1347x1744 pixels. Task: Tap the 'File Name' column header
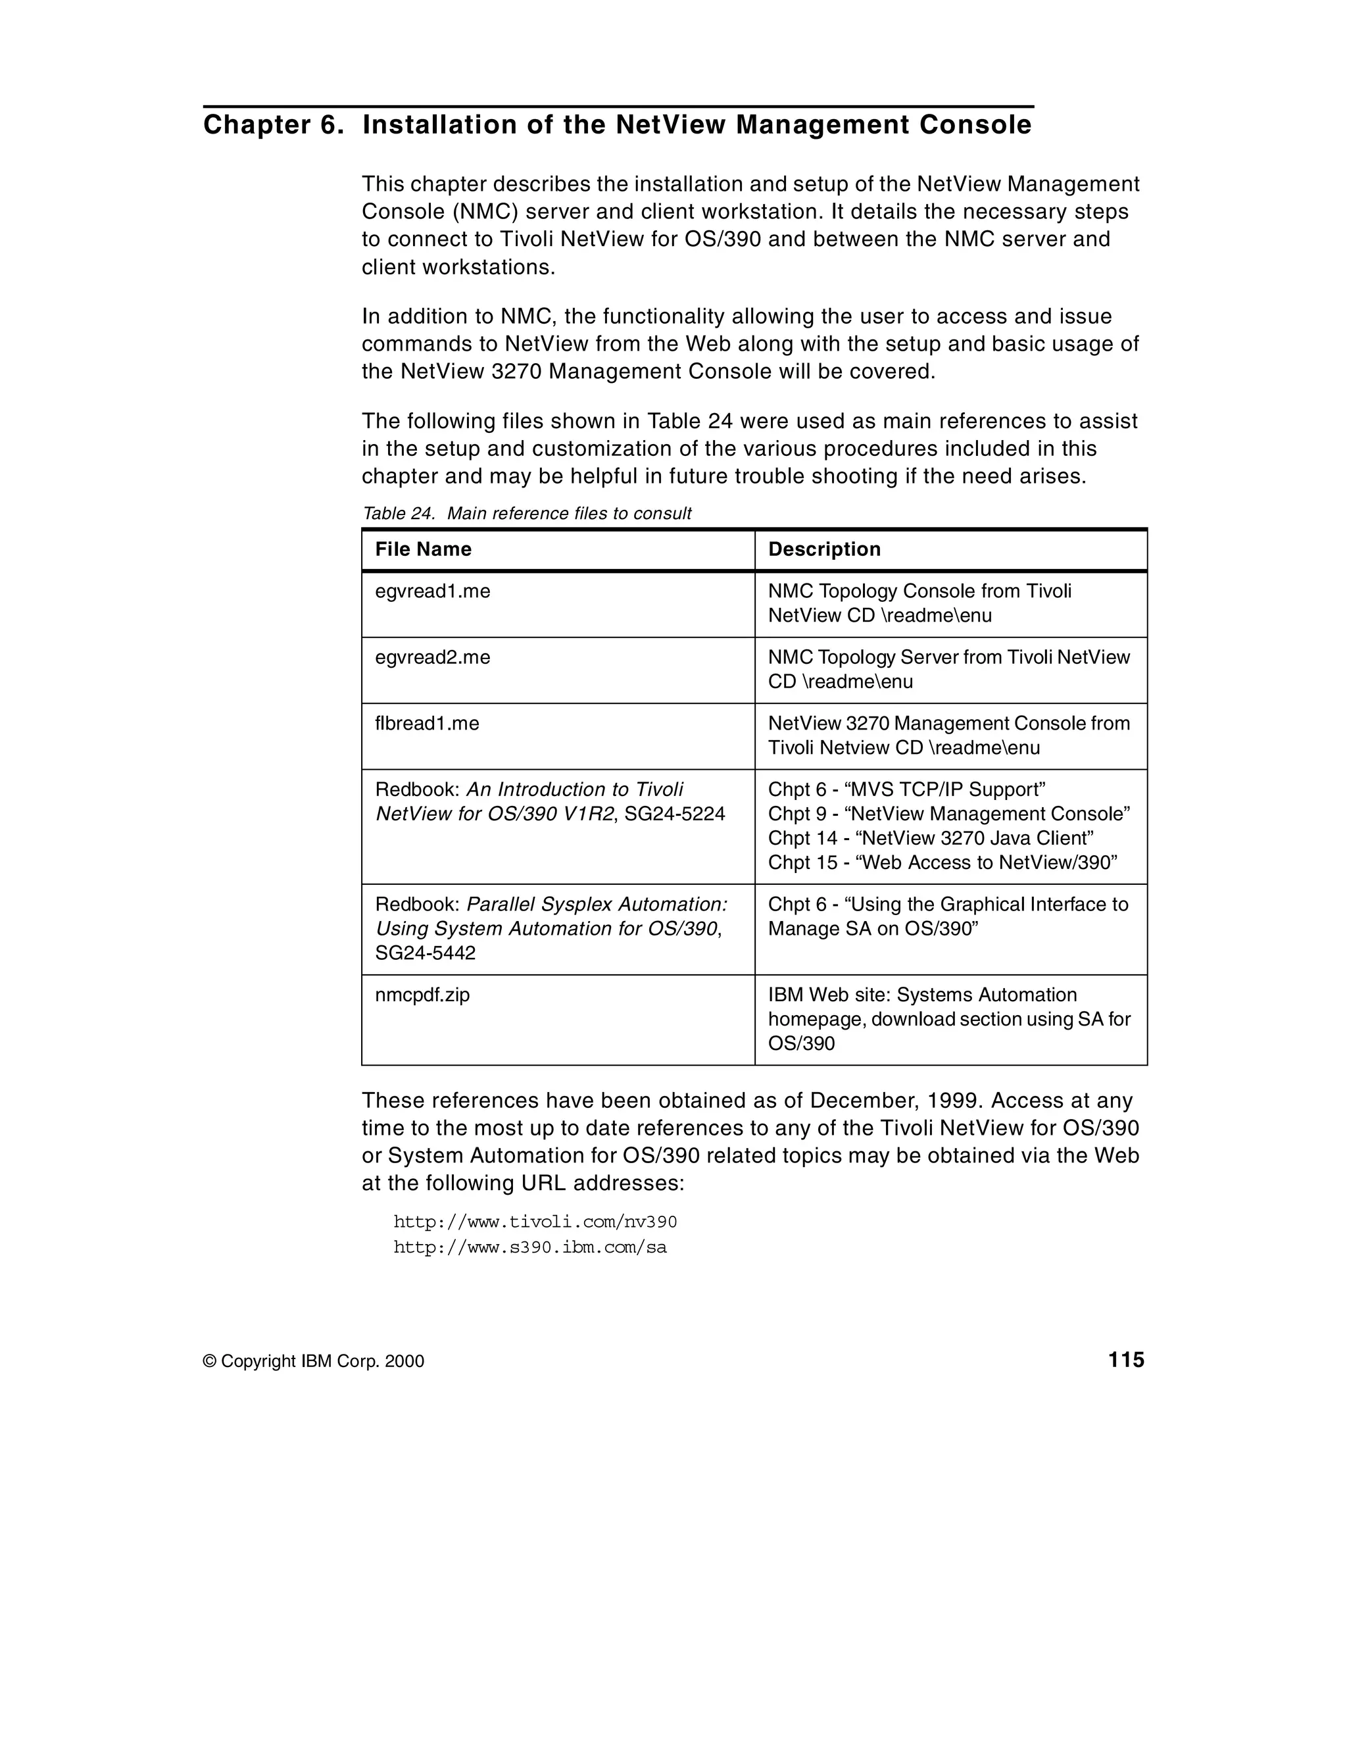point(423,549)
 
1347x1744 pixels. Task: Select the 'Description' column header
point(824,549)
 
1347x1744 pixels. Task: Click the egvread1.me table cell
point(433,591)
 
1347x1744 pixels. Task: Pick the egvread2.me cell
point(433,658)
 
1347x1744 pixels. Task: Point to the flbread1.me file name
point(427,724)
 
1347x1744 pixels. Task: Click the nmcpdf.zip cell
point(422,996)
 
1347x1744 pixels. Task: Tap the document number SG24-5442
point(426,953)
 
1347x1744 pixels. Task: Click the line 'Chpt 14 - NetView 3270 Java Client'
point(930,839)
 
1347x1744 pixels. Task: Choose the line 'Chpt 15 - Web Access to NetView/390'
point(943,863)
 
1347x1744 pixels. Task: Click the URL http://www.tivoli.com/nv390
point(535,1222)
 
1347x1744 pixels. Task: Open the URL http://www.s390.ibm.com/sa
point(529,1248)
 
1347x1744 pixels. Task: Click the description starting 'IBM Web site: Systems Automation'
point(922,996)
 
